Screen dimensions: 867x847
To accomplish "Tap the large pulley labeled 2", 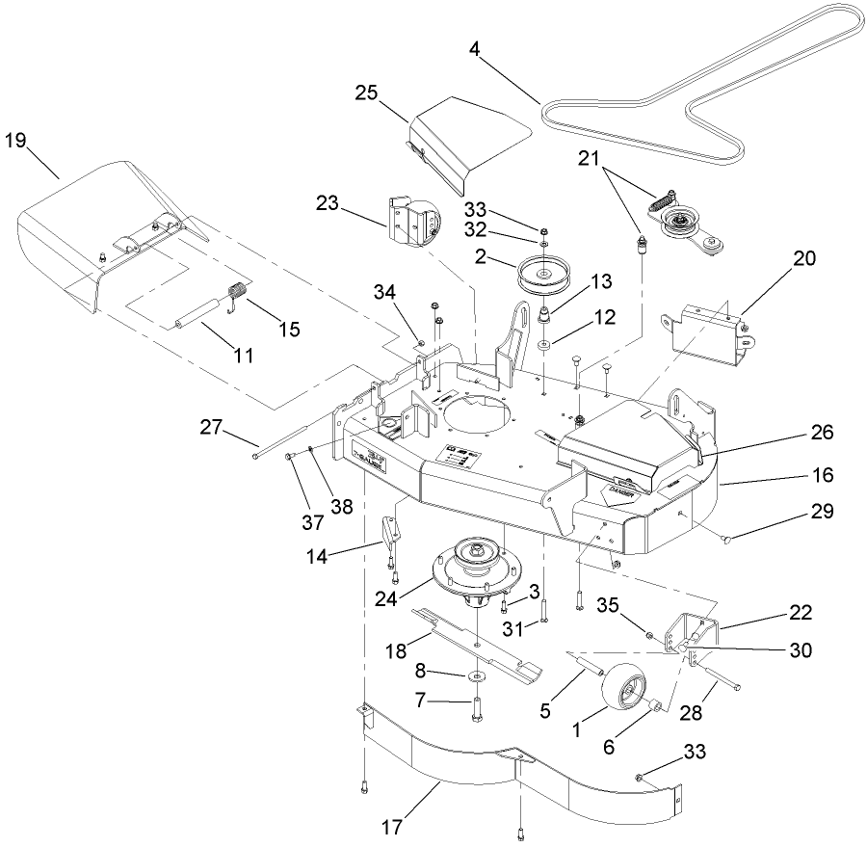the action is [545, 278].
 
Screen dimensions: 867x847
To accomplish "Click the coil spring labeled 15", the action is [237, 291].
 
